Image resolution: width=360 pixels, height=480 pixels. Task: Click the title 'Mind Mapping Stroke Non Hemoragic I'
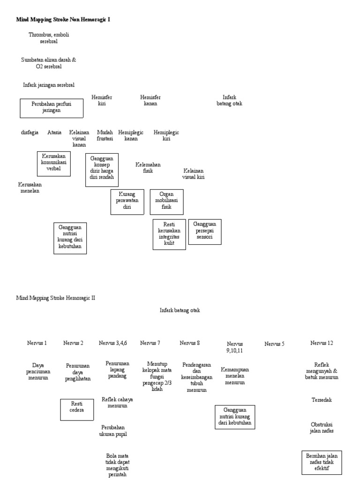(63, 20)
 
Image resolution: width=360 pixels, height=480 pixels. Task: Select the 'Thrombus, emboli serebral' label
(48, 38)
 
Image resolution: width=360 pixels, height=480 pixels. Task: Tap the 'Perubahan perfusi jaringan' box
(52, 108)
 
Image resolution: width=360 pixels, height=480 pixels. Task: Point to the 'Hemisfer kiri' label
(102, 100)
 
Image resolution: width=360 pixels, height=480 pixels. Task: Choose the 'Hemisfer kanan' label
(150, 100)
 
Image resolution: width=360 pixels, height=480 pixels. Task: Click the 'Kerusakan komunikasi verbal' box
(54, 164)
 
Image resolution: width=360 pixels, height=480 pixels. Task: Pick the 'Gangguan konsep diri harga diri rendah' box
(102, 170)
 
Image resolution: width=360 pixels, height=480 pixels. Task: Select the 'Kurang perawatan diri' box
(127, 202)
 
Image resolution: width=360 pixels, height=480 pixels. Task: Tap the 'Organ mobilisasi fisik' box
(166, 202)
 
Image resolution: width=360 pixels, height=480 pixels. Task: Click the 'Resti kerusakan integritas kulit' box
(169, 234)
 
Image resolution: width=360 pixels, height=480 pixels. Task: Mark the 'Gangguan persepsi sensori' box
(205, 232)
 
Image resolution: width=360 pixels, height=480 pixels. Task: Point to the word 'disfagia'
(30, 133)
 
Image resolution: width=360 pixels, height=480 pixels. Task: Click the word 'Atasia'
(54, 133)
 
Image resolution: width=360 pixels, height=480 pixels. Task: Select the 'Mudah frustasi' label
(105, 135)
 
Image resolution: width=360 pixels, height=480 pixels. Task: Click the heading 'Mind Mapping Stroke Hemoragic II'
(56, 298)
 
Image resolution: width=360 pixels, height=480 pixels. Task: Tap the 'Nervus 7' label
(150, 343)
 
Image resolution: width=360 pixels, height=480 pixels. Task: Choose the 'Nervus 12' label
(322, 343)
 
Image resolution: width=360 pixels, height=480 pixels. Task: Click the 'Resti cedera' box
(77, 409)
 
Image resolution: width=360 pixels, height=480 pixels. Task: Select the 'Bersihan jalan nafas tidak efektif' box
(322, 462)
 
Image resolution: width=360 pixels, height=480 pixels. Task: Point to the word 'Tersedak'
(322, 400)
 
